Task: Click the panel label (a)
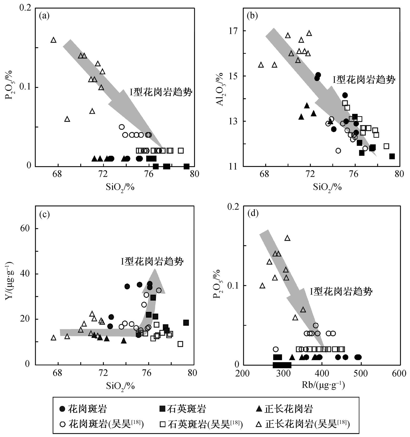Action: pyautogui.click(x=44, y=16)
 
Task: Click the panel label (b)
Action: pyautogui.click(x=252, y=16)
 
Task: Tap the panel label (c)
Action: pyautogui.click(x=44, y=214)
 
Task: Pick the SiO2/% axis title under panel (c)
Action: pyautogui.click(x=120, y=385)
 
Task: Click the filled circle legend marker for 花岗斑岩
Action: pyautogui.click(x=62, y=409)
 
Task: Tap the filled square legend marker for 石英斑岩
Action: pyautogui.click(x=163, y=409)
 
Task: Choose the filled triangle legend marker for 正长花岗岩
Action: pyautogui.click(x=259, y=409)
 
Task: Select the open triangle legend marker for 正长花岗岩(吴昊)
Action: pyautogui.click(x=259, y=424)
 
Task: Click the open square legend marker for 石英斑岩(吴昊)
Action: pyautogui.click(x=163, y=424)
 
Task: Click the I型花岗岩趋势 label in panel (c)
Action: pyautogui.click(x=152, y=261)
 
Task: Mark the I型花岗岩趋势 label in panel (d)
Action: pyautogui.click(x=341, y=291)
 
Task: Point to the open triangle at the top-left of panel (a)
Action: pyautogui.click(x=53, y=40)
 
